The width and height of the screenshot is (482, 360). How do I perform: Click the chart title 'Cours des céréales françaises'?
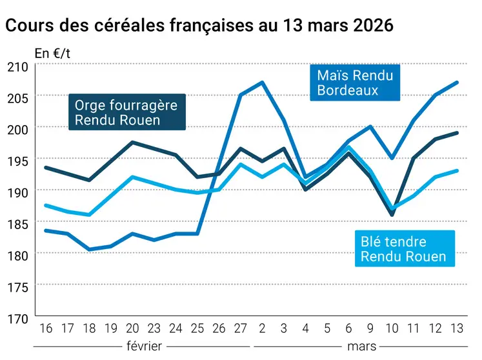(130, 26)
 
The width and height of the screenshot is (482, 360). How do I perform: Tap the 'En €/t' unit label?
(52, 54)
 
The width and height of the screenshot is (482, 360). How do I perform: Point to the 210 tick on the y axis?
(18, 67)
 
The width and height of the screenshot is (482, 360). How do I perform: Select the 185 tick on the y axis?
(18, 224)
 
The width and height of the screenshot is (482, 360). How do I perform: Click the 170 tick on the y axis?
(18, 319)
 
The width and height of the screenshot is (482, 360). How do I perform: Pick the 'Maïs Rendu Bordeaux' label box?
(355, 83)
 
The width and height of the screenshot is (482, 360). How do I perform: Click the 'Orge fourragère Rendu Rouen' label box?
(127, 112)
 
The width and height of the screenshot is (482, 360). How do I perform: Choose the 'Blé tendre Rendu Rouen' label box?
(405, 249)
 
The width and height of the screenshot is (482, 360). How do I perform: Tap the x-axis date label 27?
(241, 328)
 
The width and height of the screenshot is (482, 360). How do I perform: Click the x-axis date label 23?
(154, 328)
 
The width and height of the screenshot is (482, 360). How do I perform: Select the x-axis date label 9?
(370, 328)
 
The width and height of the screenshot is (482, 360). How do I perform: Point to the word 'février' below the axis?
(145, 346)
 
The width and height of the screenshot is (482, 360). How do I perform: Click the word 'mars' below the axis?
(362, 347)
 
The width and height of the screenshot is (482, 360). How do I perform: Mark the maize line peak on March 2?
(262, 83)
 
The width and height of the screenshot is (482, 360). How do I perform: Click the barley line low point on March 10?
(392, 215)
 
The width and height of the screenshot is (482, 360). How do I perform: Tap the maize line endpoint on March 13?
(457, 83)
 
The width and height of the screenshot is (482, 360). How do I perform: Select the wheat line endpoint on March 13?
(457, 170)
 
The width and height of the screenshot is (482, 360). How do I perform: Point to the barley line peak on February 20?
(132, 143)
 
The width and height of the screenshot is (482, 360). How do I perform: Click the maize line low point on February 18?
(89, 249)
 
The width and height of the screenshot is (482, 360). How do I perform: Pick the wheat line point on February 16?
(46, 205)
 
